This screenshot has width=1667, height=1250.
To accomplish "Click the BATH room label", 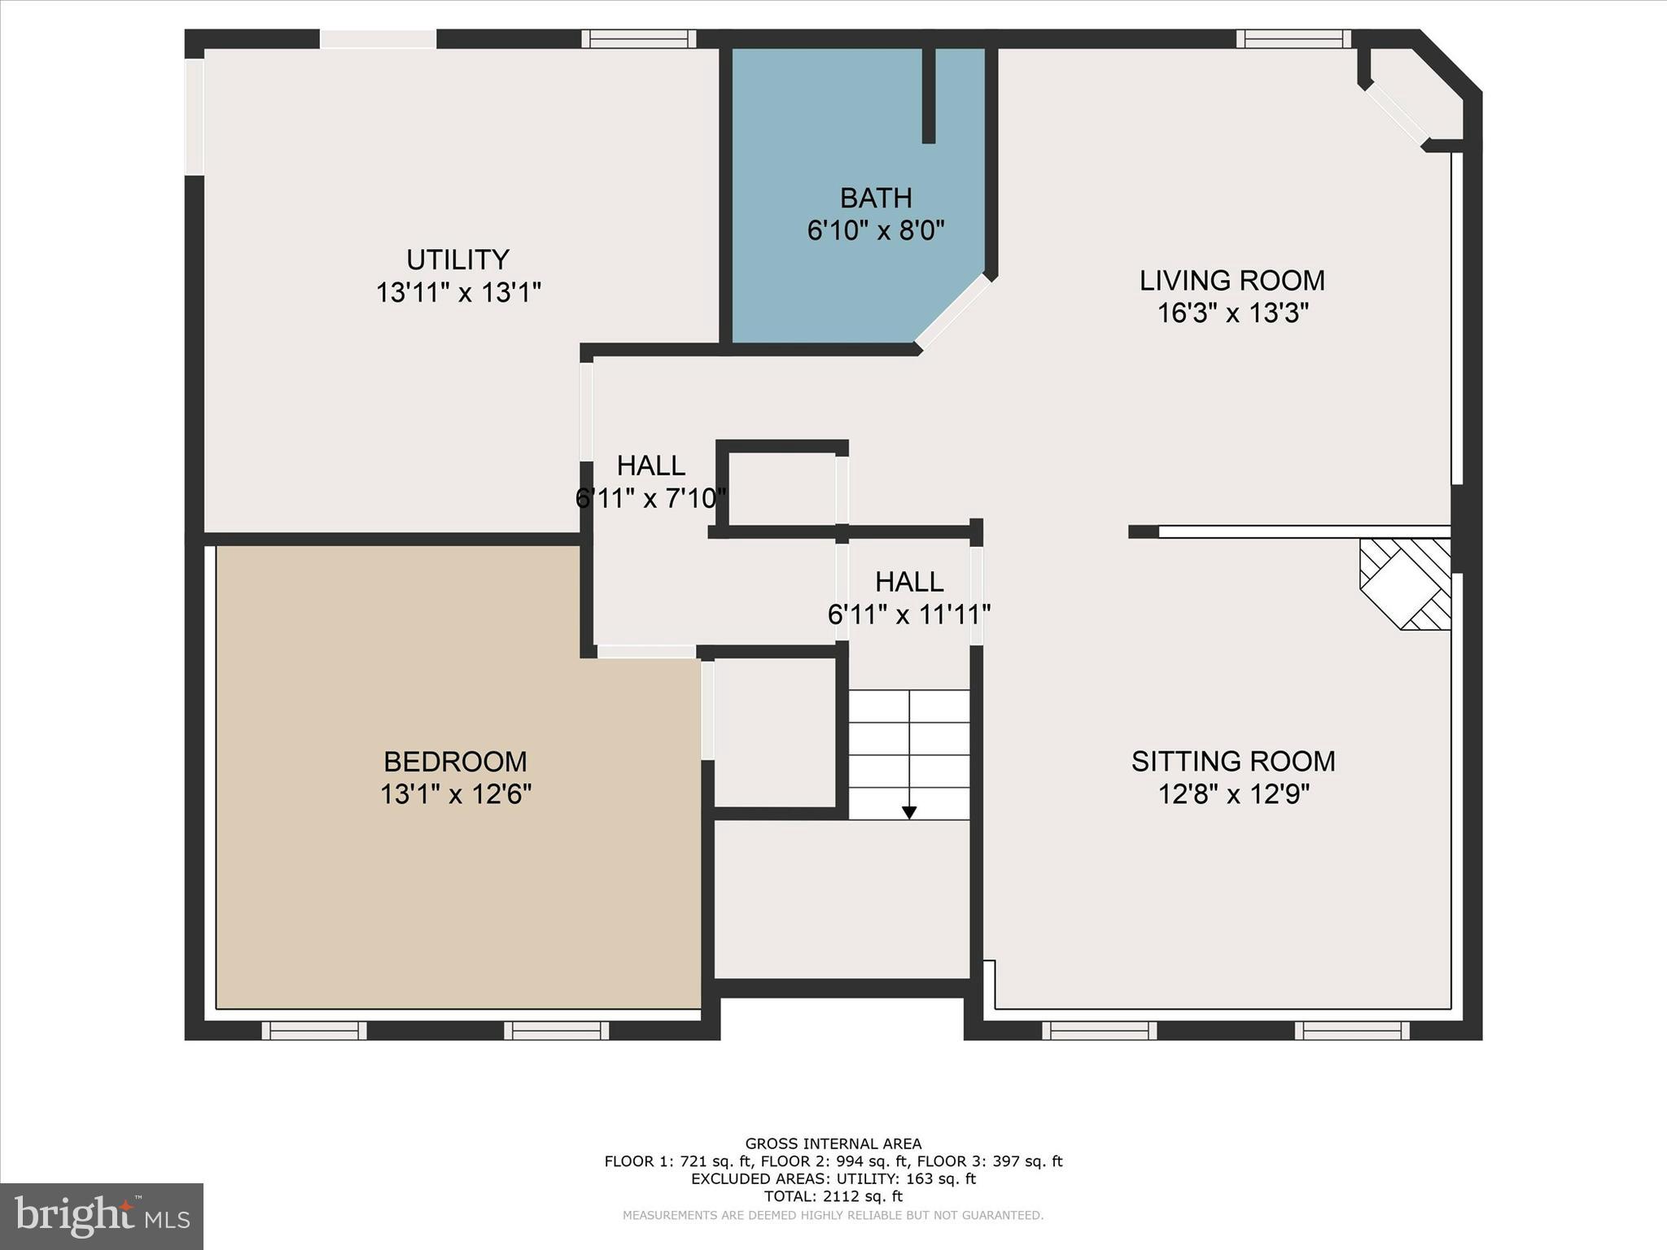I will (875, 198).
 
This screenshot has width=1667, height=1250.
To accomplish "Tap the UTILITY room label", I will (457, 260).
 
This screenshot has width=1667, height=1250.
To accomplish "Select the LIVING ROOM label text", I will (1232, 280).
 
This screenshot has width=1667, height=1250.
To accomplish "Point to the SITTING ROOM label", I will (1232, 761).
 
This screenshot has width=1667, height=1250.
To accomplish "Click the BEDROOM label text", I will (455, 762).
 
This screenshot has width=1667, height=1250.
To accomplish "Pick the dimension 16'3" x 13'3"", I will (1232, 313).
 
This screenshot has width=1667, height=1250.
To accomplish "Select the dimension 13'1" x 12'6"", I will (455, 794).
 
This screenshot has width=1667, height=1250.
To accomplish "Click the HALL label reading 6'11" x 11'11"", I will (908, 582).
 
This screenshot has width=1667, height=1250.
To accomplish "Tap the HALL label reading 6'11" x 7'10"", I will (650, 465).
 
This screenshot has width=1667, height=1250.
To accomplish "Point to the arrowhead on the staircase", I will (909, 812).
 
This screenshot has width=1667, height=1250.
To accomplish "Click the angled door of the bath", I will (953, 312).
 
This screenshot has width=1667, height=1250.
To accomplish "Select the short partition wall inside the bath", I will (929, 95).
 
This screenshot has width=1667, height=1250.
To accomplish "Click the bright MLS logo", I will (102, 1216).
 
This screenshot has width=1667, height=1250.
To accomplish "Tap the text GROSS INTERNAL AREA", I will (833, 1143).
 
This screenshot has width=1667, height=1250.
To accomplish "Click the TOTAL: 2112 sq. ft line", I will (833, 1196).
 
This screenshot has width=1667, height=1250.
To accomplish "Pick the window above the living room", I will (1293, 39).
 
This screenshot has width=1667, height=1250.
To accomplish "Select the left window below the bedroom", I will (314, 1030).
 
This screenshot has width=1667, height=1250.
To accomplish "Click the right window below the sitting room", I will (1352, 1030).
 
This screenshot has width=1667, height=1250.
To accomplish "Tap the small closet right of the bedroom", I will (775, 732).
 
